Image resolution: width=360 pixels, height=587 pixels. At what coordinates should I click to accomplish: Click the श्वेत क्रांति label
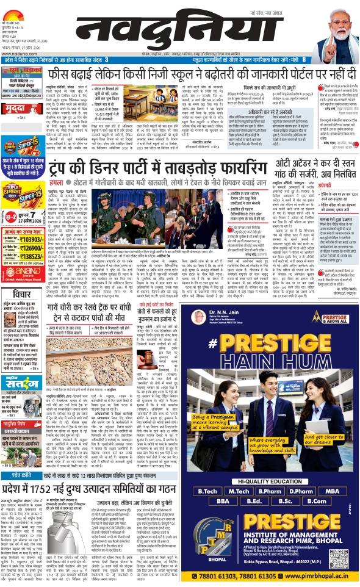click(x=18, y=459)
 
